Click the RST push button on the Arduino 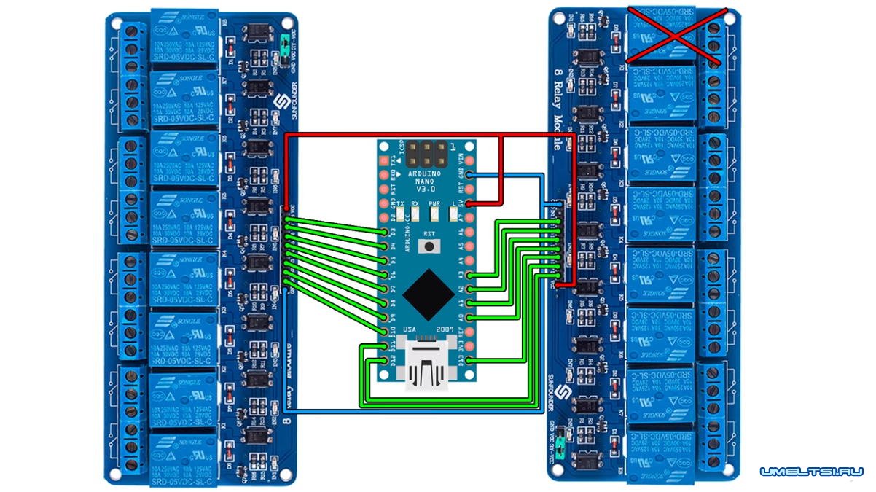tap(429, 243)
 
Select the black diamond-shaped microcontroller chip tap(428, 289)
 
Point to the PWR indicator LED tap(435, 214)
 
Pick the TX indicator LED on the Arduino tap(399, 214)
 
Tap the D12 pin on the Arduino tap(386, 360)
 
